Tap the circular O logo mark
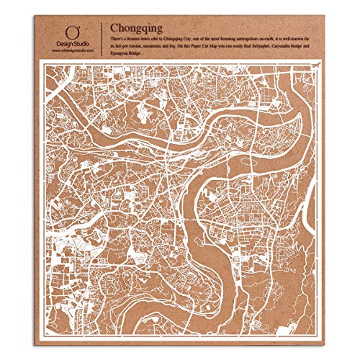click(x=71, y=32)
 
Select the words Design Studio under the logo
click(x=72, y=45)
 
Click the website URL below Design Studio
click(x=72, y=51)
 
